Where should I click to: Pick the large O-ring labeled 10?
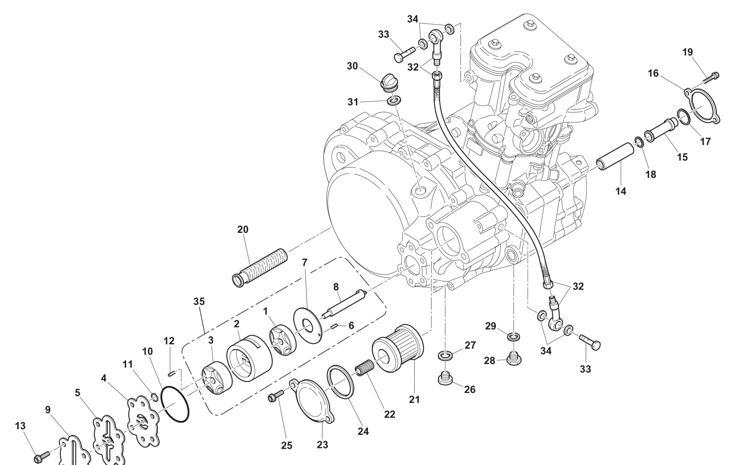[176, 404]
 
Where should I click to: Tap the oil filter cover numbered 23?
[313, 401]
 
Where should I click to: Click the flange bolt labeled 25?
[276, 396]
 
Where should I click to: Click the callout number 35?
[199, 302]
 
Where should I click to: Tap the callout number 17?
[705, 141]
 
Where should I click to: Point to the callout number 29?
[490, 326]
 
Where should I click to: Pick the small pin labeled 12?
[171, 374]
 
